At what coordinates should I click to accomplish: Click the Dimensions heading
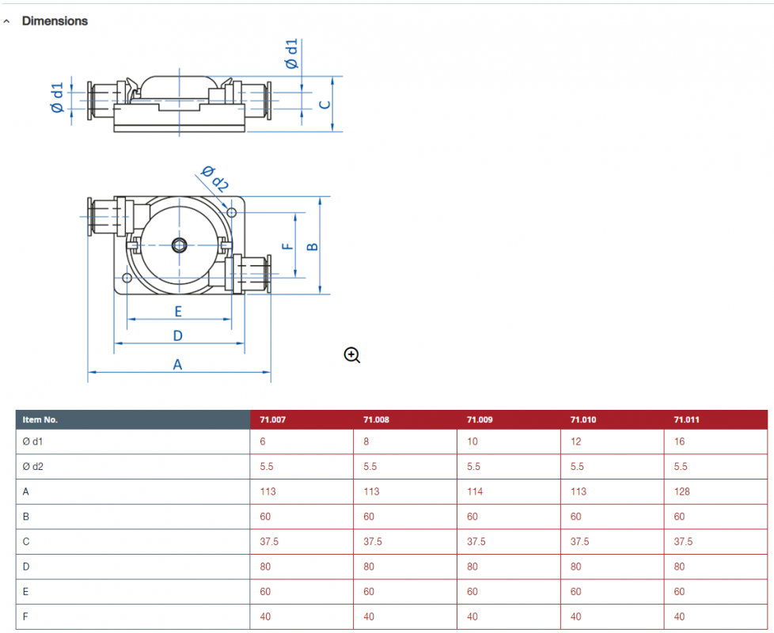pyautogui.click(x=55, y=21)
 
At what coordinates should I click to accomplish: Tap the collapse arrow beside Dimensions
pyautogui.click(x=6, y=21)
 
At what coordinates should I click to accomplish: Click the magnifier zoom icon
pyautogui.click(x=352, y=355)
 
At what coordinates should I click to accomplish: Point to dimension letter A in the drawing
pyautogui.click(x=178, y=365)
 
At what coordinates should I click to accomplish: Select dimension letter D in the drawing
pyautogui.click(x=178, y=336)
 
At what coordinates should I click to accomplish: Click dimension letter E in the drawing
pyautogui.click(x=178, y=312)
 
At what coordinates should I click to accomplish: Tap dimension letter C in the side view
pyautogui.click(x=324, y=104)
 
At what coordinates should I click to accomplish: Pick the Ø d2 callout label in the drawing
pyautogui.click(x=214, y=179)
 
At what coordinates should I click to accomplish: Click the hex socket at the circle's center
pyautogui.click(x=179, y=244)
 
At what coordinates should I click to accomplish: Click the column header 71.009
pyautogui.click(x=480, y=420)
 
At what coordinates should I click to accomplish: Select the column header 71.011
pyautogui.click(x=686, y=420)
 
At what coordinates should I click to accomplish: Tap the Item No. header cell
pyautogui.click(x=40, y=420)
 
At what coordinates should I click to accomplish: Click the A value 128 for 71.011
pyautogui.click(x=681, y=492)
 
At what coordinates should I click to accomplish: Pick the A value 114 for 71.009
pyautogui.click(x=475, y=492)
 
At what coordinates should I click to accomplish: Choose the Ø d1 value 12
pyautogui.click(x=575, y=442)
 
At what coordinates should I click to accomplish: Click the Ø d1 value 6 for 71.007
pyautogui.click(x=263, y=442)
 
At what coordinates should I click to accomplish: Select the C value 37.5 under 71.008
pyautogui.click(x=373, y=542)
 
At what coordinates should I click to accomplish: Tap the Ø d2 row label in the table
pyautogui.click(x=32, y=467)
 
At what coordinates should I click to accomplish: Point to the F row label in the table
pyautogui.click(x=25, y=616)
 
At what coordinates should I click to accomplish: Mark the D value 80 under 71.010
pyautogui.click(x=575, y=567)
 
